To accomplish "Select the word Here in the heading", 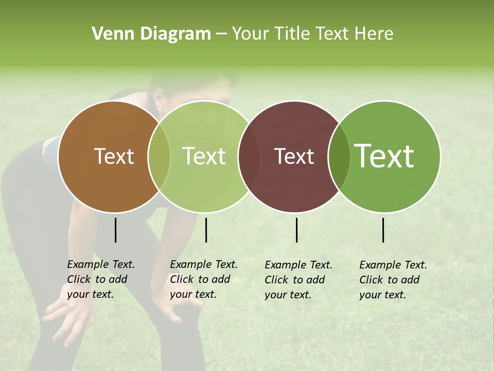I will [x=376, y=34].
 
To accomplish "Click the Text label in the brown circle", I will [x=114, y=156].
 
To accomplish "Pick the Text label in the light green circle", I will [x=204, y=156].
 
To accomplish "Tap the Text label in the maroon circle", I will [x=294, y=156].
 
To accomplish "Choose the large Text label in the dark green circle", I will [x=384, y=156].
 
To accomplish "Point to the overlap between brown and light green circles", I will [x=159, y=156].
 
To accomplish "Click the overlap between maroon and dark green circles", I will [x=339, y=156].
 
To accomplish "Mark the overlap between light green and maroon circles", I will [x=249, y=156].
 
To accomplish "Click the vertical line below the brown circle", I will [x=116, y=230].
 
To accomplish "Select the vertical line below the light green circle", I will [x=206, y=230].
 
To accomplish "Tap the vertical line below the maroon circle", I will [x=297, y=230].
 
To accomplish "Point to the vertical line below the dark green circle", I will [x=383, y=230].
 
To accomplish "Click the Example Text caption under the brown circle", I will [x=100, y=279].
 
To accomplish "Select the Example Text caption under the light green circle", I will [x=203, y=279].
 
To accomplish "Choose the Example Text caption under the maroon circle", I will [x=298, y=280].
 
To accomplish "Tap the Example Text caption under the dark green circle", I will [x=393, y=280].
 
